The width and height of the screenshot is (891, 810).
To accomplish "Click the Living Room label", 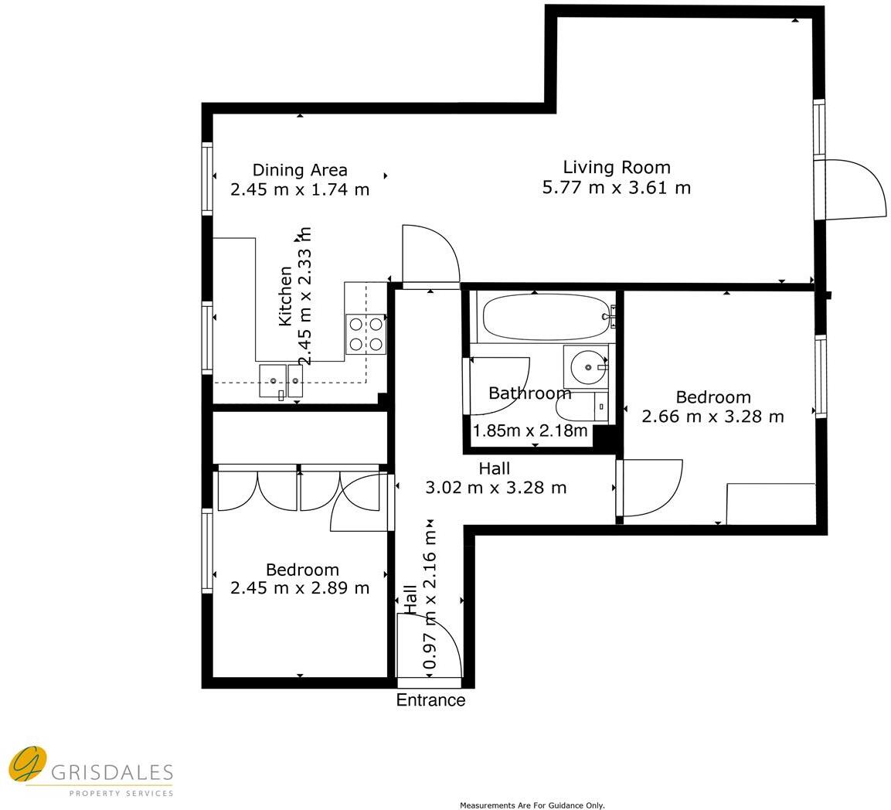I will [616, 167].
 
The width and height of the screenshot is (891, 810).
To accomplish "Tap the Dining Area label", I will [300, 170].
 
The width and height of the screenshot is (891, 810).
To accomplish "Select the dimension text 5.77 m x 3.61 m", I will [616, 188].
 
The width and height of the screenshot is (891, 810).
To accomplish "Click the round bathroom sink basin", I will [588, 368].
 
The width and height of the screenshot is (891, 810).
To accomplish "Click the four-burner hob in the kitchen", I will [366, 334].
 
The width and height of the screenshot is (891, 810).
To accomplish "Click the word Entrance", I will [430, 700].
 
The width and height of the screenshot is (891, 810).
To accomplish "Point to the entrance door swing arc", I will [440, 642].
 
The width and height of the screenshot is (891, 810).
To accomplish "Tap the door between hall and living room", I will [430, 255].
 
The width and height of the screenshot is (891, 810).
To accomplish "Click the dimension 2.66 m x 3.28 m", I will [712, 417].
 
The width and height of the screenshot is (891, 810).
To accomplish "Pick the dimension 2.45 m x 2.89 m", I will [300, 588].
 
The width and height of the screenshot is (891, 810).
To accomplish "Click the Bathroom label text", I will [529, 393].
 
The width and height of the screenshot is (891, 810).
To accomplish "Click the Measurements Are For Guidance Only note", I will [532, 805].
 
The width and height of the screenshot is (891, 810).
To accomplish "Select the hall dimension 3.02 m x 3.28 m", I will [495, 488].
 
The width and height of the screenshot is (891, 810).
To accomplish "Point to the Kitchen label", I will [285, 295].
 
